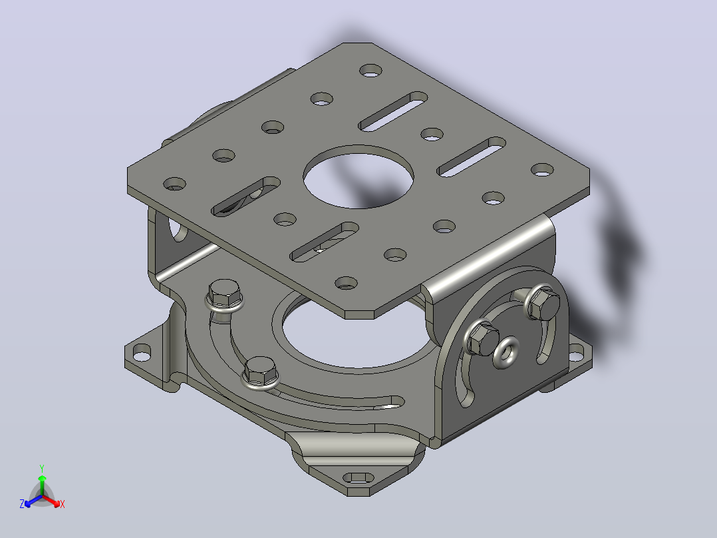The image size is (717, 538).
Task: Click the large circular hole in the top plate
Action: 358,176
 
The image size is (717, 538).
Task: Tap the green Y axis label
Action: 42,468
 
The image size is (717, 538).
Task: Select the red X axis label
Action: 63,504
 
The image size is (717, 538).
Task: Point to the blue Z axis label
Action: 21,504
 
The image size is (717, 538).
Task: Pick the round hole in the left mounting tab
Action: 142,352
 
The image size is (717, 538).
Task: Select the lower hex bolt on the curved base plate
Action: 259,372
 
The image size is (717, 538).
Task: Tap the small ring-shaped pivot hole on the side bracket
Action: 506,352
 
